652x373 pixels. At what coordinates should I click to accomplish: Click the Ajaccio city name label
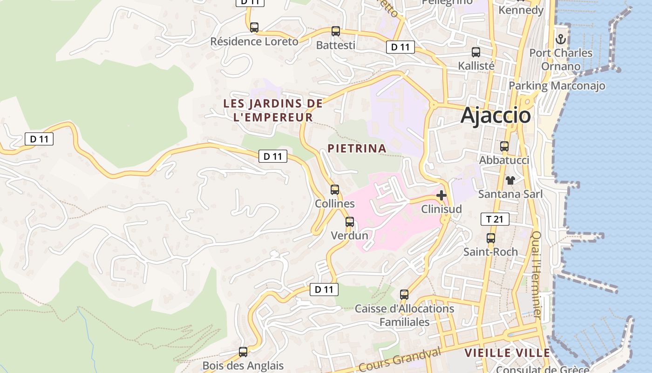click(496, 115)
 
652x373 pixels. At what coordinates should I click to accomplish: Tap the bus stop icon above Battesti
click(335, 31)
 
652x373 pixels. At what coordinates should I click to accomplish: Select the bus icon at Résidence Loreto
click(254, 28)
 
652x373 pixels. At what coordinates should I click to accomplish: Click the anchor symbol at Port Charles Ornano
click(561, 39)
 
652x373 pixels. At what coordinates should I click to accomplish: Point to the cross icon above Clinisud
click(441, 195)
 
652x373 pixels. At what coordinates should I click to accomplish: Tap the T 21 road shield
click(495, 219)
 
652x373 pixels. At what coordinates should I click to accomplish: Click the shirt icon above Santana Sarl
click(510, 180)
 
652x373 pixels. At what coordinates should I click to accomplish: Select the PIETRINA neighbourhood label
click(357, 148)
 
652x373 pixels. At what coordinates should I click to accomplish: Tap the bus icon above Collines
click(335, 190)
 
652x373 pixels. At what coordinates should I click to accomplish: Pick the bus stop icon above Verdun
click(350, 222)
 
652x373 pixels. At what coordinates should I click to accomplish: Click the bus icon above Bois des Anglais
click(243, 352)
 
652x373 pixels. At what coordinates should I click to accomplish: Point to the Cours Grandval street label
click(400, 359)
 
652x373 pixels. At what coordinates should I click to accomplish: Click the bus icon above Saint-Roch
click(490, 238)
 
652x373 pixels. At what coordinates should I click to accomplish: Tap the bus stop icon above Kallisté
click(476, 52)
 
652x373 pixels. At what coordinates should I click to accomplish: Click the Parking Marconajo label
click(557, 86)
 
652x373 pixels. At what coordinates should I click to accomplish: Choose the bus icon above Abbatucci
click(504, 146)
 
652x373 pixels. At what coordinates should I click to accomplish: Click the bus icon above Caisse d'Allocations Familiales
click(404, 295)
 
